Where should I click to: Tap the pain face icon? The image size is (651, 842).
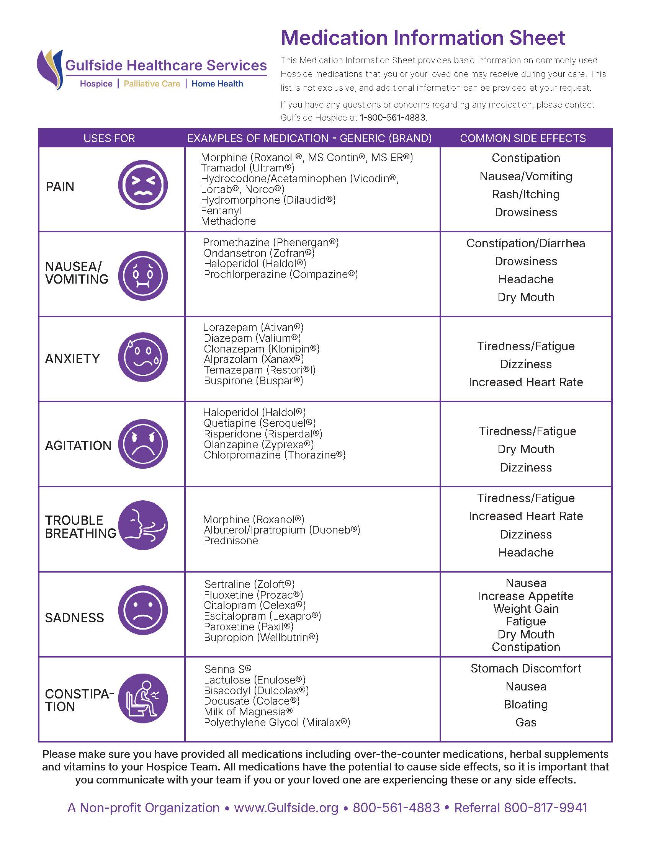click(143, 185)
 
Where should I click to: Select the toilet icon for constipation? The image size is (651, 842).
click(143, 698)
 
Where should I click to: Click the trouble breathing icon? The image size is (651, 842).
click(143, 525)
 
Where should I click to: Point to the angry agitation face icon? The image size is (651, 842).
click(143, 444)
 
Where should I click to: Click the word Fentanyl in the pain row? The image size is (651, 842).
click(221, 210)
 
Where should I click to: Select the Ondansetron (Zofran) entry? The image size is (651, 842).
click(259, 253)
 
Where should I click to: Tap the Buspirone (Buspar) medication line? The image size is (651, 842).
click(254, 380)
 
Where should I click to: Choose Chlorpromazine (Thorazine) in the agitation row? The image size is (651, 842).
click(275, 455)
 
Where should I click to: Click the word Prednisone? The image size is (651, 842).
click(231, 540)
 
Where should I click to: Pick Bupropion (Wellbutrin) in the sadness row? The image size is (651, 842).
click(261, 637)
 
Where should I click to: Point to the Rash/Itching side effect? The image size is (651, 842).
click(526, 194)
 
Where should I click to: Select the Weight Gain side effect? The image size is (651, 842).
click(526, 609)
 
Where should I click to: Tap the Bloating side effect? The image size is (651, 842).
click(526, 704)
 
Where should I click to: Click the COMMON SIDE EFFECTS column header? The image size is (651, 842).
click(523, 138)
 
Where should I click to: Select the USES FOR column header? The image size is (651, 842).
click(109, 138)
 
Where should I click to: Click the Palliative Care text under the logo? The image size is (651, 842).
click(152, 84)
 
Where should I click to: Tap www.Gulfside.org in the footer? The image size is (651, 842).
click(286, 808)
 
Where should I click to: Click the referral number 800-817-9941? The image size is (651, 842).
click(546, 808)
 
